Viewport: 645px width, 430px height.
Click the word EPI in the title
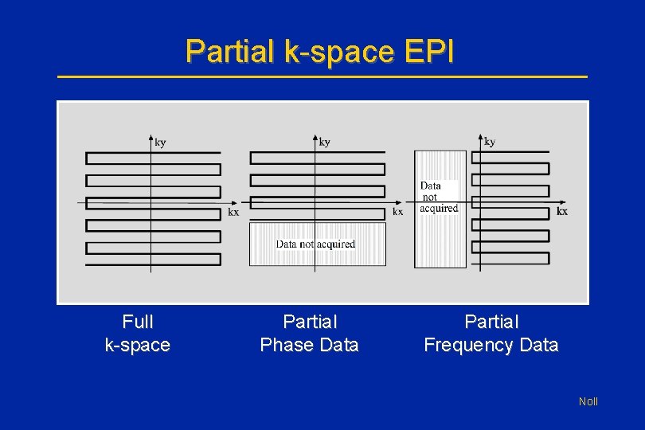pos(428,52)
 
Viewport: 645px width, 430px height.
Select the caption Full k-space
pos(138,334)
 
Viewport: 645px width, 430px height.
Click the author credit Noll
pos(588,401)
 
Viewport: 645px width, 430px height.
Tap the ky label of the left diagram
pos(161,143)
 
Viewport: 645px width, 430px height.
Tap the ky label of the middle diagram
pos(325,143)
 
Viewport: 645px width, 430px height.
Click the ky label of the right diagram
pos(490,142)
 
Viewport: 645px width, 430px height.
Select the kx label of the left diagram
pos(233,213)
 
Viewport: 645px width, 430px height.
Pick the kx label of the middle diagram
pos(397,212)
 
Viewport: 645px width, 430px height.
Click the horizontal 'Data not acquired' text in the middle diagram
pos(316,244)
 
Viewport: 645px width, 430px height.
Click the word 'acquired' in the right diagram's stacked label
pos(439,209)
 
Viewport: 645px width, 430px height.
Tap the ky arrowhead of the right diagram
pos(480,137)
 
